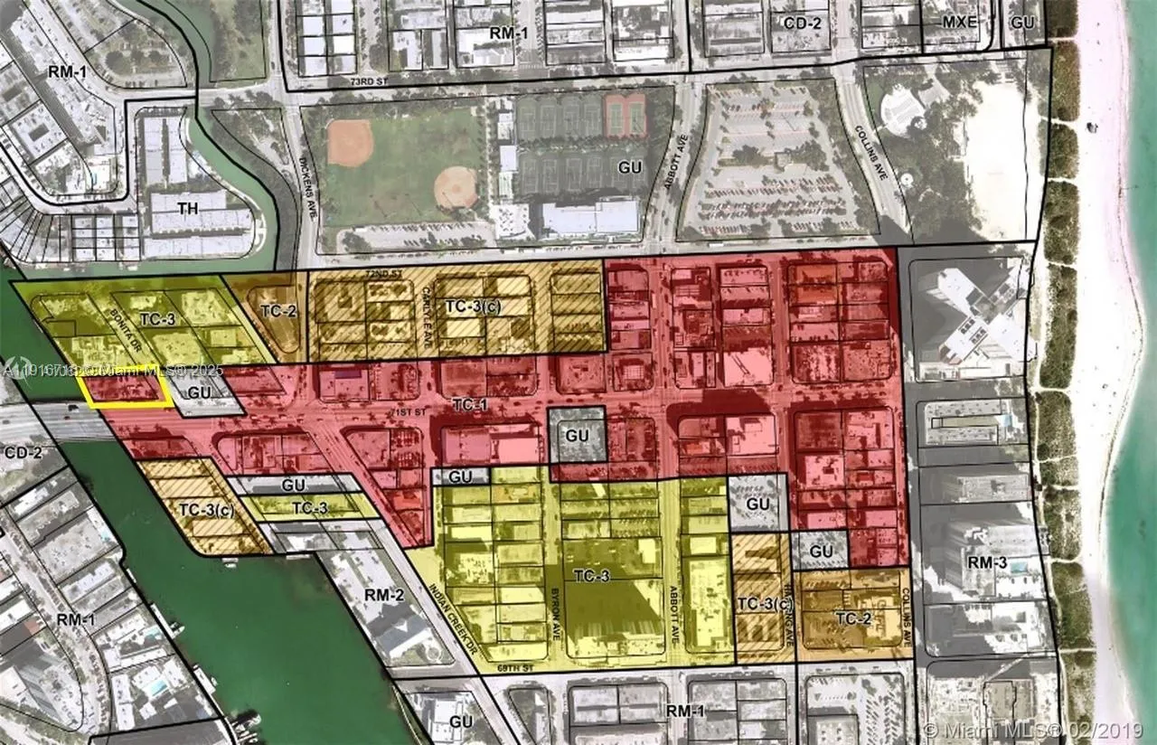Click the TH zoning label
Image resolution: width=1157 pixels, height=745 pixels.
[187, 209]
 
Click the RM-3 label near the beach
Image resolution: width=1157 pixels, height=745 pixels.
[987, 562]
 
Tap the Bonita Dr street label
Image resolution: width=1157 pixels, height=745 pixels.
[124, 308]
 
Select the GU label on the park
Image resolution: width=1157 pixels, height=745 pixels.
[629, 168]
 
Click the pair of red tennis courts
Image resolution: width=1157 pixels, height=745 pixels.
[626, 115]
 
